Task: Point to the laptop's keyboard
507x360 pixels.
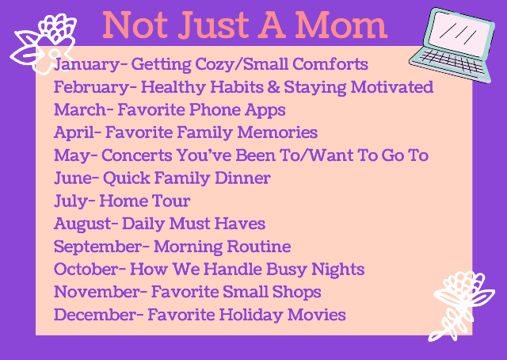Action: (x=452, y=62)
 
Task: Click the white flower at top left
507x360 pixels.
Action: (x=44, y=44)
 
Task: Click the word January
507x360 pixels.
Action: (x=86, y=64)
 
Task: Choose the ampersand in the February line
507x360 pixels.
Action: (x=273, y=86)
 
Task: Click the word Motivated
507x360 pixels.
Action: (x=392, y=86)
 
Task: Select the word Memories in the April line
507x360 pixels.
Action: (x=277, y=132)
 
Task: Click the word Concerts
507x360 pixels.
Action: (x=136, y=155)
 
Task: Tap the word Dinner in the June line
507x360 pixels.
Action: (x=242, y=178)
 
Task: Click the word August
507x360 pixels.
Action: (x=82, y=224)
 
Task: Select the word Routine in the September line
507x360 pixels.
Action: (x=259, y=247)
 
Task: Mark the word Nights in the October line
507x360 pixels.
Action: (x=338, y=270)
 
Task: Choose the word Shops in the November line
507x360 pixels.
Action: (x=296, y=293)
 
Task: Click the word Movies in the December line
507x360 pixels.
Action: (x=316, y=315)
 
